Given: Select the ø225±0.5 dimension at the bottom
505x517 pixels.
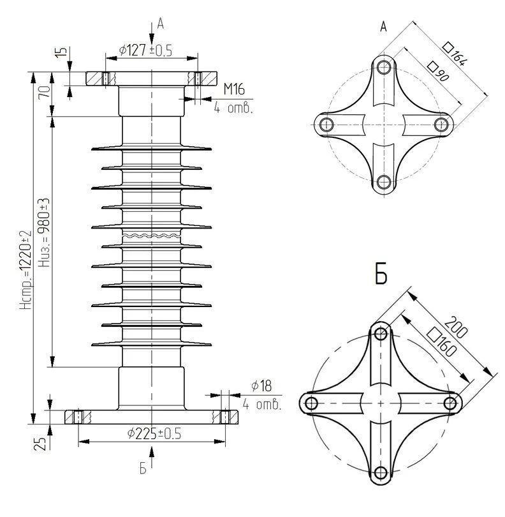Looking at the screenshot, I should tap(154, 433).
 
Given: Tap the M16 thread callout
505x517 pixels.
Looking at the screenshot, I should tap(234, 89).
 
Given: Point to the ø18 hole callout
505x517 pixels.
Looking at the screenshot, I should tap(261, 386).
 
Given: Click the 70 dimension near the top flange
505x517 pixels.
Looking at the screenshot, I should tap(44, 91).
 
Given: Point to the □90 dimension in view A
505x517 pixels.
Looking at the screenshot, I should tap(437, 72).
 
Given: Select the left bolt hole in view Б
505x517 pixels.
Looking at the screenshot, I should tap(312, 403).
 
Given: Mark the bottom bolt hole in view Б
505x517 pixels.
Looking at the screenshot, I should tap(381, 472).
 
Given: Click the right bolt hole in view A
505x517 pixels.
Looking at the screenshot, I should tap(441, 123).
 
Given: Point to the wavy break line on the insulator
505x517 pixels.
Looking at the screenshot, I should tap(151, 236).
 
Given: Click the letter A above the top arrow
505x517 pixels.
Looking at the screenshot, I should tap(161, 24).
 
